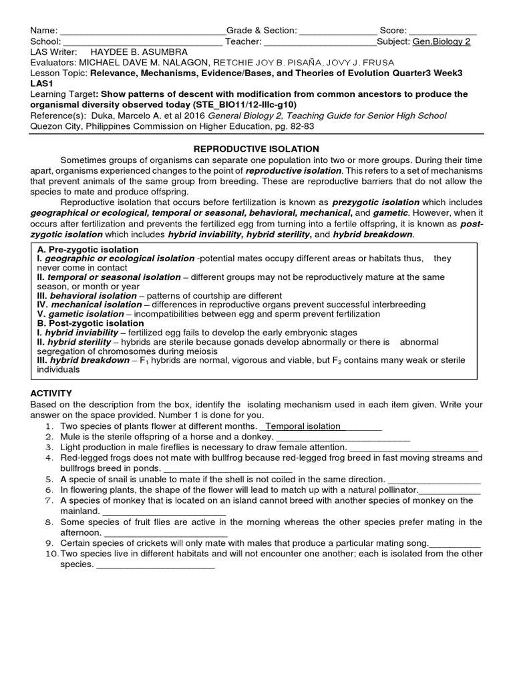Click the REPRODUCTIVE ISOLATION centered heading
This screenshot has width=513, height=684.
tap(256, 148)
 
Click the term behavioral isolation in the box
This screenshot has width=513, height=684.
tap(89, 295)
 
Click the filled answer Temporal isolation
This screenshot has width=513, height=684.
tap(303, 426)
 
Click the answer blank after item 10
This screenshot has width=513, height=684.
tap(156, 565)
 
